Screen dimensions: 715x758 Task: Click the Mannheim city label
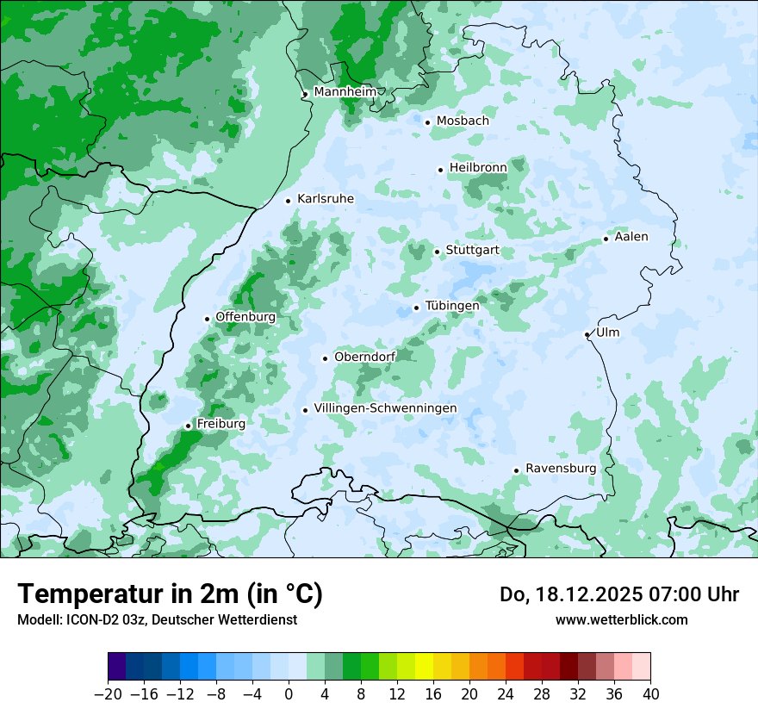[345, 92]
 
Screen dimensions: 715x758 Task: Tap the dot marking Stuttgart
[438, 252]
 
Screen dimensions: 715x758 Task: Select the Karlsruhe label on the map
[326, 199]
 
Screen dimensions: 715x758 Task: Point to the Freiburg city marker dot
[188, 426]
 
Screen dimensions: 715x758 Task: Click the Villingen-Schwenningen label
[385, 408]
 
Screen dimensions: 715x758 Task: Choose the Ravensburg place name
[561, 469]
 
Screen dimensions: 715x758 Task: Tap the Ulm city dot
[587, 334]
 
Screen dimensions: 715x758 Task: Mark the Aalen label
[631, 237]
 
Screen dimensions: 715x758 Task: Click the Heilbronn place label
[478, 167]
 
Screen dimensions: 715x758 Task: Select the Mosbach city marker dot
[427, 122]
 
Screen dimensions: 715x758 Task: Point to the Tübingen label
[452, 306]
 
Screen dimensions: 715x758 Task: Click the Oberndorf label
[364, 357]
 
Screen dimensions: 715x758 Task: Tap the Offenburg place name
[245, 317]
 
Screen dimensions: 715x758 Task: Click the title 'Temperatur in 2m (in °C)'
[170, 594]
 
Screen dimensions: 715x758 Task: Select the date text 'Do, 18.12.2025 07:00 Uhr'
[618, 594]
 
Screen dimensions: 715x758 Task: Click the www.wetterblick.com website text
[621, 620]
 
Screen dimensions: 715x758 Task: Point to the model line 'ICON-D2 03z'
[92, 620]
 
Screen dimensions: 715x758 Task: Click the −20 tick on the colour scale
[109, 694]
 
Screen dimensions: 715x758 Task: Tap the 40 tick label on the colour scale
[650, 694]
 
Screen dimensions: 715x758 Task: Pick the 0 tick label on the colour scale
[289, 694]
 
